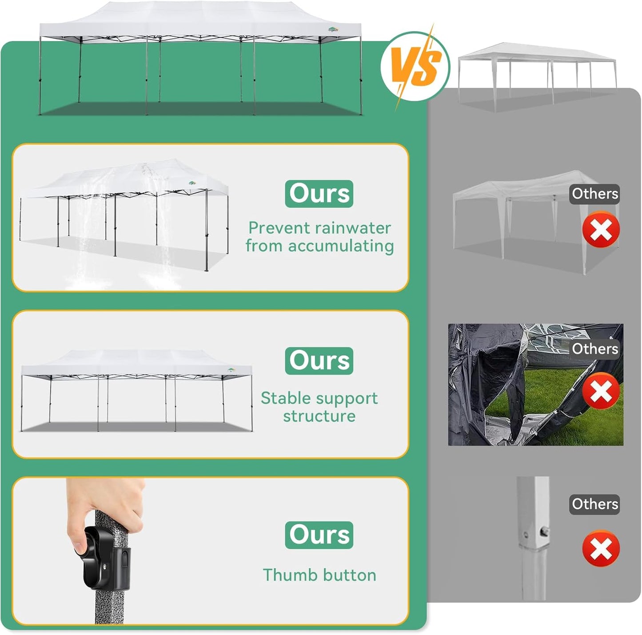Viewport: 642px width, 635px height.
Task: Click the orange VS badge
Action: click(x=415, y=66)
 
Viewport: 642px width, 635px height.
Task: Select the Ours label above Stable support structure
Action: click(x=319, y=361)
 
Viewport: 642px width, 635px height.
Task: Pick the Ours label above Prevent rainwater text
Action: click(x=319, y=194)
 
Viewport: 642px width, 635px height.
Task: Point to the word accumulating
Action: click(x=341, y=247)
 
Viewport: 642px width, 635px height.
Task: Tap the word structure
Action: click(x=319, y=416)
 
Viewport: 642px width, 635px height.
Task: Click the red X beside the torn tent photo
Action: click(x=601, y=391)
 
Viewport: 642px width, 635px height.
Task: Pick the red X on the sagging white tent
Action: click(x=601, y=230)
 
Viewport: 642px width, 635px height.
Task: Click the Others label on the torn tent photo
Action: click(x=595, y=349)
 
